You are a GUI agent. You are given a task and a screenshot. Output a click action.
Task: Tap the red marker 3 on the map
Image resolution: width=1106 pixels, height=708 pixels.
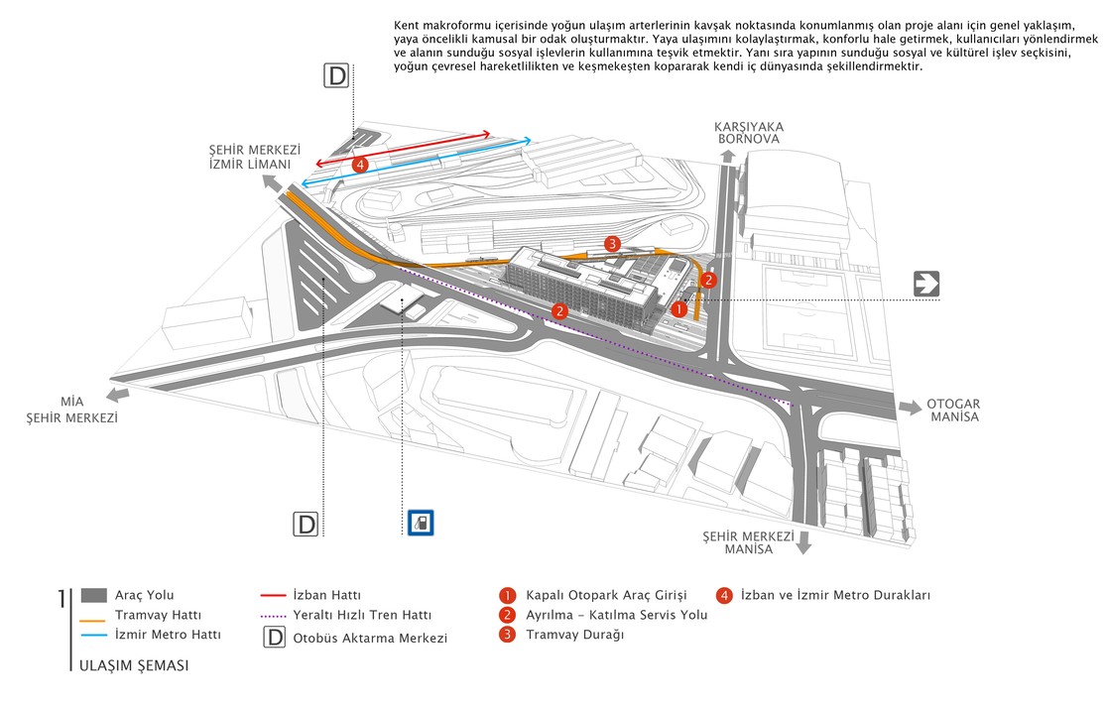click(x=613, y=244)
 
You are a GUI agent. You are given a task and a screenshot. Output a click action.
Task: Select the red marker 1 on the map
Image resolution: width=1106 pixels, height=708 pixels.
click(x=678, y=309)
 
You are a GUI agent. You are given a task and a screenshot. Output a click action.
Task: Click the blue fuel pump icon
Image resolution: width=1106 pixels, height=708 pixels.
click(x=420, y=522)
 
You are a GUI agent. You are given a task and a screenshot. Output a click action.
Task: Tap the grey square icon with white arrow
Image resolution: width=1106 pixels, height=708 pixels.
click(x=926, y=285)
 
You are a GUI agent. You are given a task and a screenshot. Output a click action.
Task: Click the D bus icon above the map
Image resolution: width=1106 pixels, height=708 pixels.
click(x=338, y=76)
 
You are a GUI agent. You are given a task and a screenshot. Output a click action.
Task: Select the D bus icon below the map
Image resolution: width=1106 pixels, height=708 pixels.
click(x=306, y=524)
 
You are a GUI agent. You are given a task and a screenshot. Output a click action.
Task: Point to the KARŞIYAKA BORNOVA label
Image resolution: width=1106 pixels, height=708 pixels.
click(x=749, y=133)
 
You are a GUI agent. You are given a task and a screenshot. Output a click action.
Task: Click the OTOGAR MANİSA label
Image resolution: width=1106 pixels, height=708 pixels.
click(x=953, y=411)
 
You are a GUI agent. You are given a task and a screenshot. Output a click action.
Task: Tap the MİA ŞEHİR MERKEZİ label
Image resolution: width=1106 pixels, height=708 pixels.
click(x=71, y=411)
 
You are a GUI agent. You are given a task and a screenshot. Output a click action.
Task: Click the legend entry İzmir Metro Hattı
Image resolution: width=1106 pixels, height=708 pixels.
click(x=168, y=634)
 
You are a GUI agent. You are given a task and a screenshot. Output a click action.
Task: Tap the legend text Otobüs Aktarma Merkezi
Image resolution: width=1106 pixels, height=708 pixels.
click(x=370, y=638)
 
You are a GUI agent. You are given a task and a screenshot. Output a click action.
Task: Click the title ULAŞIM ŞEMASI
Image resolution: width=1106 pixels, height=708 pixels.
click(x=134, y=665)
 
